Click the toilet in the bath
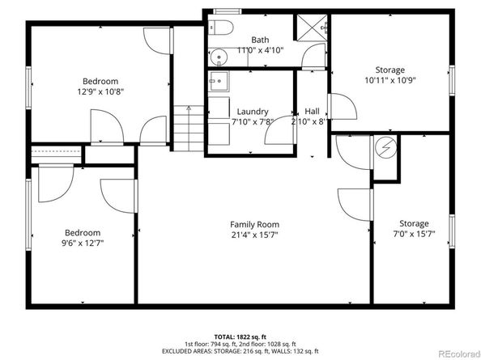click(x=224, y=28)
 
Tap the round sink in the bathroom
click(x=217, y=57)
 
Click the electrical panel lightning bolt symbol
click(x=385, y=148)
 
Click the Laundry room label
click(x=253, y=112)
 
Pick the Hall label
click(x=311, y=112)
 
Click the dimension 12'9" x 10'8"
click(x=100, y=91)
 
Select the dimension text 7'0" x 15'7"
click(x=413, y=235)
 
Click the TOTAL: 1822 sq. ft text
click(x=240, y=335)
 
